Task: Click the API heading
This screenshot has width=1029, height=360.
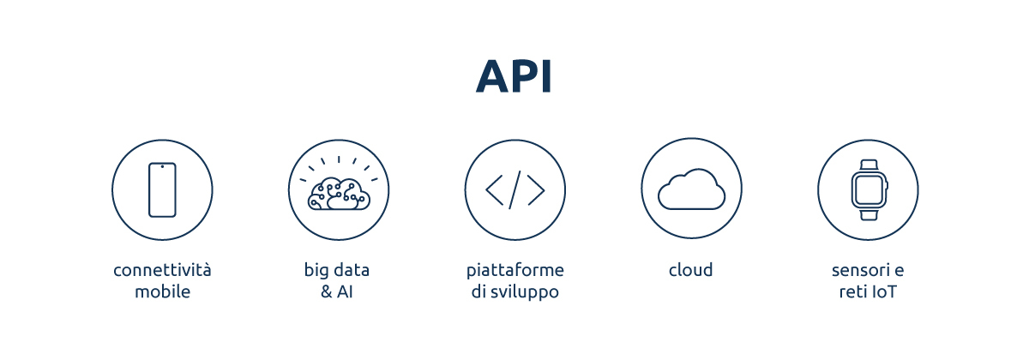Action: [x=514, y=77]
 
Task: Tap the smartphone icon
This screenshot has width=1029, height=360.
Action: [x=162, y=189]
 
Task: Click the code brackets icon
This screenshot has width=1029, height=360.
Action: [x=514, y=189]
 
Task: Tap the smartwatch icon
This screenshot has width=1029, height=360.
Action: [x=868, y=189]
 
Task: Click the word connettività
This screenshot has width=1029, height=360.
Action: [x=162, y=271]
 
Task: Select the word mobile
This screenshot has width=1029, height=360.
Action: [x=162, y=292]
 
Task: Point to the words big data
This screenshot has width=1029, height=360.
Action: [x=337, y=271]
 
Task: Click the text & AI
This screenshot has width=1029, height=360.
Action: [x=337, y=292]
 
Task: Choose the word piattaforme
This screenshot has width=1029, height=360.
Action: [x=514, y=271]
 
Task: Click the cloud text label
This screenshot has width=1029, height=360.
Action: [x=691, y=271]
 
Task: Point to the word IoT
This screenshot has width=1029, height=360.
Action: [x=883, y=292]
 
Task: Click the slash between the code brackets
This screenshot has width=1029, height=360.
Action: [x=514, y=189]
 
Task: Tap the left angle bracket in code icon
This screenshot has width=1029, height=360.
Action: [x=495, y=189]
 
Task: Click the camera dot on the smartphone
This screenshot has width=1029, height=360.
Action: [x=162, y=167]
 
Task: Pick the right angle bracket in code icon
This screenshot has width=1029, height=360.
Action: [x=535, y=189]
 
